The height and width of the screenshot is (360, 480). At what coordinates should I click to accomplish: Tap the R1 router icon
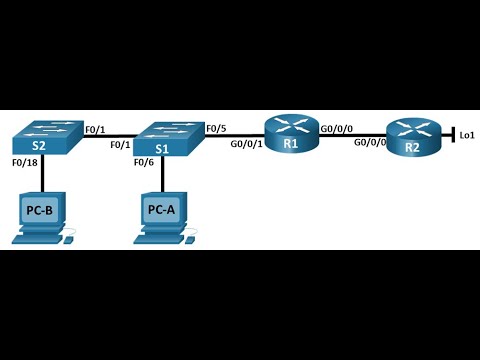pyautogui.click(x=291, y=134)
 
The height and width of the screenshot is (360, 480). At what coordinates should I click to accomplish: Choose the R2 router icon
pyautogui.click(x=412, y=137)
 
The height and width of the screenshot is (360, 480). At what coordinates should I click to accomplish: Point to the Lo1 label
pyautogui.click(x=466, y=134)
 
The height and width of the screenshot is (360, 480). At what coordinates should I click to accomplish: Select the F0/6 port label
pyautogui.click(x=143, y=162)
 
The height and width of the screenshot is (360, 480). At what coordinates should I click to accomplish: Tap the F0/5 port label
pyautogui.click(x=216, y=128)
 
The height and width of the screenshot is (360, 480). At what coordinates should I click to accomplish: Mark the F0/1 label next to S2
pyautogui.click(x=95, y=128)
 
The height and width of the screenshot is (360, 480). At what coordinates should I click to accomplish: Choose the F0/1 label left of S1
pyautogui.click(x=119, y=145)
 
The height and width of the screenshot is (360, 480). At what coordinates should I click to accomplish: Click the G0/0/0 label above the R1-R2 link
pyautogui.click(x=336, y=128)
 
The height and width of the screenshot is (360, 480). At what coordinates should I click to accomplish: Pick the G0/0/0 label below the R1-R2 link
pyautogui.click(x=370, y=143)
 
